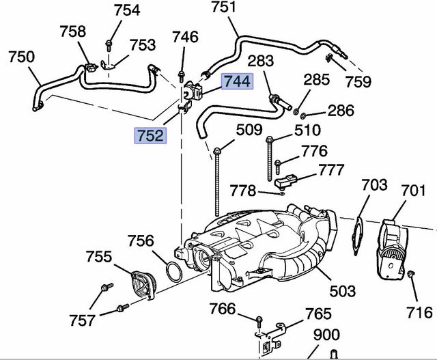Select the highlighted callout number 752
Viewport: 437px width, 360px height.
(x=149, y=135)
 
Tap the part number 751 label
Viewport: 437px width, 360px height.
(x=223, y=8)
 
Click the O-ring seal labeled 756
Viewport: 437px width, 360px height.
(x=173, y=271)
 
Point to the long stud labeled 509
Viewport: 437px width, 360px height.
(x=216, y=178)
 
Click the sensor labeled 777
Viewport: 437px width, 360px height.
(x=287, y=180)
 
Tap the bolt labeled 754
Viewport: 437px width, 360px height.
(x=109, y=46)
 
